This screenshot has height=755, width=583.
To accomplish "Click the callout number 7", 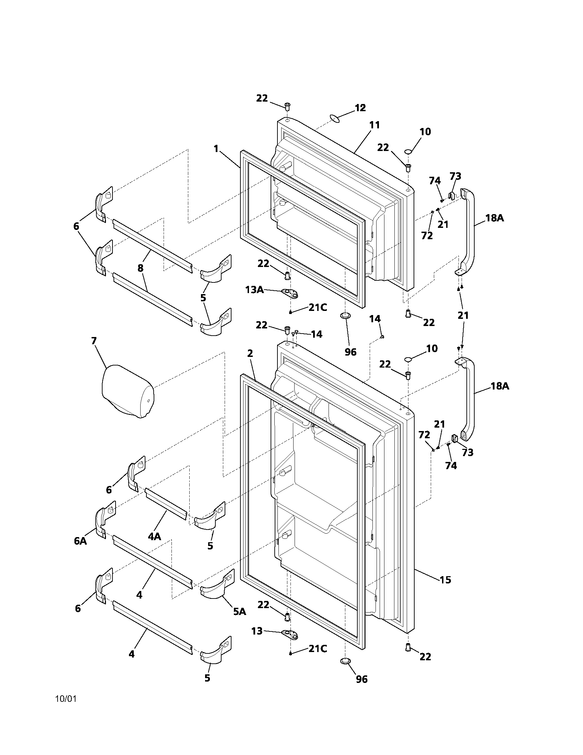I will [x=94, y=341].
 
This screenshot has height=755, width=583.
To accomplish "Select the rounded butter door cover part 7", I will [x=127, y=391].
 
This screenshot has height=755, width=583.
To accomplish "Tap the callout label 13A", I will [x=254, y=290].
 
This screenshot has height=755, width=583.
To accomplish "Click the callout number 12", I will [x=360, y=108].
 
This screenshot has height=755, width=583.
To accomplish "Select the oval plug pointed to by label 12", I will [x=335, y=119].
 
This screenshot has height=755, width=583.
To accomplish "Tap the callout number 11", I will [x=374, y=125].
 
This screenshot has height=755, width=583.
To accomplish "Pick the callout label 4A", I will [x=154, y=536].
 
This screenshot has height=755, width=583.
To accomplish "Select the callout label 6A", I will [x=81, y=541].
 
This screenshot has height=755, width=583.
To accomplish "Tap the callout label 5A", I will [x=239, y=611].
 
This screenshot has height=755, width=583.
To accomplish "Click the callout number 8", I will [x=141, y=268].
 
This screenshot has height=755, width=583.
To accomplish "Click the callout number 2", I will [x=250, y=353].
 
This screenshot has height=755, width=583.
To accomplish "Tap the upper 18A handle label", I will [x=494, y=218].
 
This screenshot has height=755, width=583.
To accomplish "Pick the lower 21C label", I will [x=318, y=649].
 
